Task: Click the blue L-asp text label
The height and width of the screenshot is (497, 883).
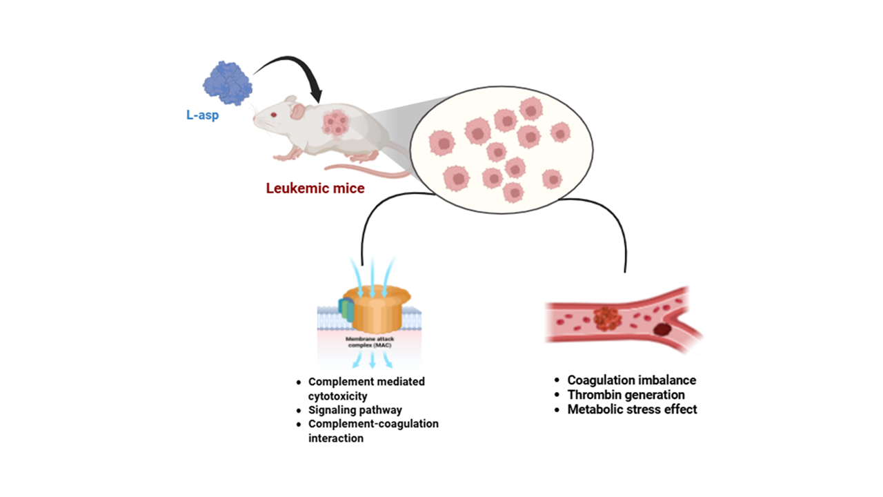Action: [202, 115]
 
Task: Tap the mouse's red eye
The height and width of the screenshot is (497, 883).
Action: [273, 115]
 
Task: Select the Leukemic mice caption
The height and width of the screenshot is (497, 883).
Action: [315, 188]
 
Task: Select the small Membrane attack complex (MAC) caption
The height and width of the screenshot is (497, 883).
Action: [370, 343]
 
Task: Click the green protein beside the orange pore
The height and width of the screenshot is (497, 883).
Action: [346, 310]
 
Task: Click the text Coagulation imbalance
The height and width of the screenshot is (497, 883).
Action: [631, 380]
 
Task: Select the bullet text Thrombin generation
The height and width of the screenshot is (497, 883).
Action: [626, 395]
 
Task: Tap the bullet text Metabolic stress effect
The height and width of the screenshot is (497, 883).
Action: [632, 409]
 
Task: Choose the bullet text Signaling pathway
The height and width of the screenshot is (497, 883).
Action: [355, 410]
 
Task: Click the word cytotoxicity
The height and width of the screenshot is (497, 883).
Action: [338, 396]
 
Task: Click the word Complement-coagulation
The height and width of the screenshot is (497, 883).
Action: [373, 424]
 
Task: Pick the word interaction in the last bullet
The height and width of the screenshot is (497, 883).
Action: [335, 438]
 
